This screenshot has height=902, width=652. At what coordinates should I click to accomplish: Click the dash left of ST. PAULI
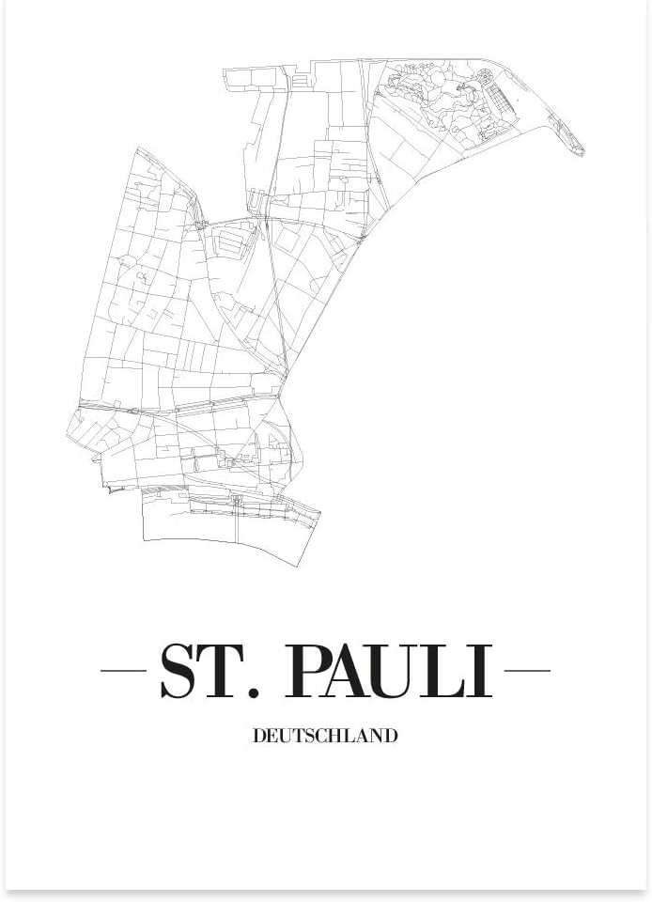(x=123, y=671)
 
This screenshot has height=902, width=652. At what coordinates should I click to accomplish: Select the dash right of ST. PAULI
(x=528, y=671)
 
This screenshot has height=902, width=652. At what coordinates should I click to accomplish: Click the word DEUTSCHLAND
(x=325, y=737)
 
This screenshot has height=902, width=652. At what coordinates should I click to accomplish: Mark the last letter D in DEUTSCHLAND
(x=391, y=737)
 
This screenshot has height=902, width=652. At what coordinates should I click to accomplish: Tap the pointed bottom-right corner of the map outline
(x=319, y=513)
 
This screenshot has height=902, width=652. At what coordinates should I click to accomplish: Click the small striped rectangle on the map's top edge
(x=301, y=81)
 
